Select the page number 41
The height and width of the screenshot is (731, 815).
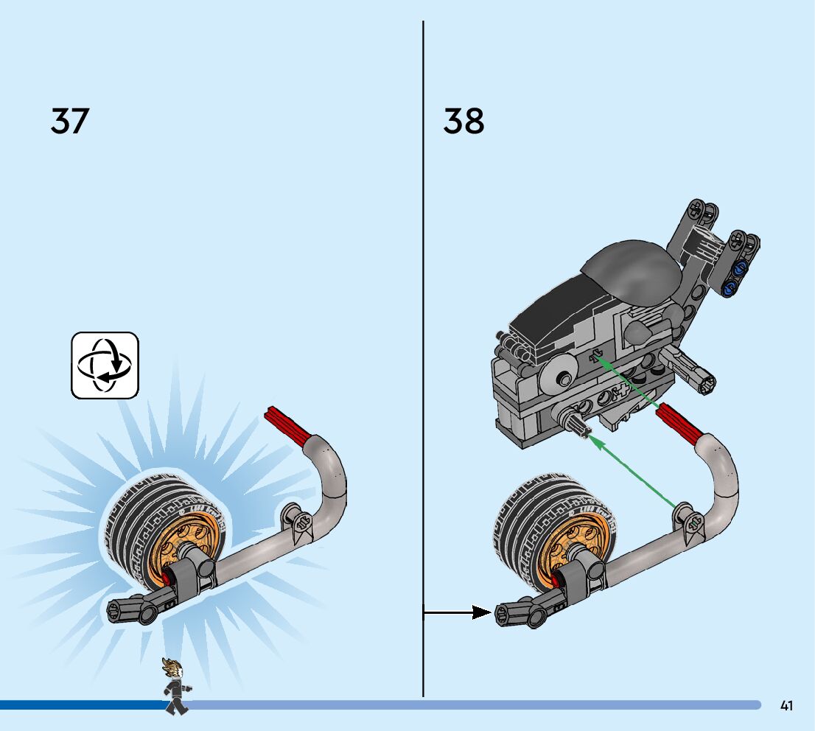pos(786,706)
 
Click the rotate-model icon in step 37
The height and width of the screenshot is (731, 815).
pos(105,365)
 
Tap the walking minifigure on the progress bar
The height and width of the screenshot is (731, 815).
pos(175,686)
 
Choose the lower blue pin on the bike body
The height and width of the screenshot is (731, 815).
pos(730,287)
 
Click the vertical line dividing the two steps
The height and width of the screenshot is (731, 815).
pos(423,295)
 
